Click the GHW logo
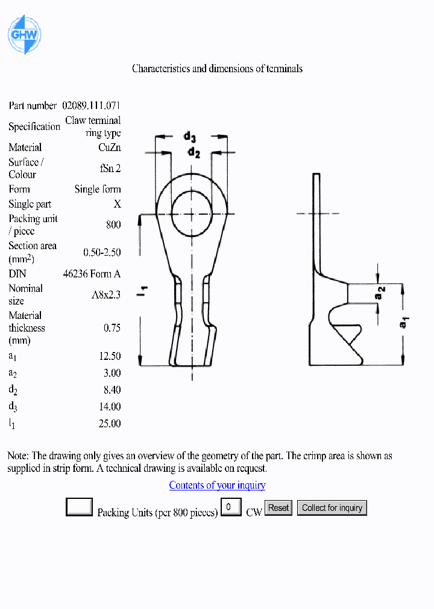click(24, 34)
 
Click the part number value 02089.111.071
click(91, 105)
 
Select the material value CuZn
click(109, 147)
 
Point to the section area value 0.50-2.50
click(102, 253)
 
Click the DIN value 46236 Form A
click(92, 274)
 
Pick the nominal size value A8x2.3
click(106, 295)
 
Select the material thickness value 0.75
click(112, 328)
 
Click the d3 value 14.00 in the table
click(110, 407)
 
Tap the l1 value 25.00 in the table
click(110, 424)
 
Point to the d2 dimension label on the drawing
click(193, 153)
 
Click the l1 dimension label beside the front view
click(144, 291)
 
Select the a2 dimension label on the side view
click(381, 294)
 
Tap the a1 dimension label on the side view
click(405, 323)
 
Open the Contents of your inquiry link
click(217, 485)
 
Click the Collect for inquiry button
click(332, 508)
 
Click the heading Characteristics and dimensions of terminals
click(217, 69)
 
